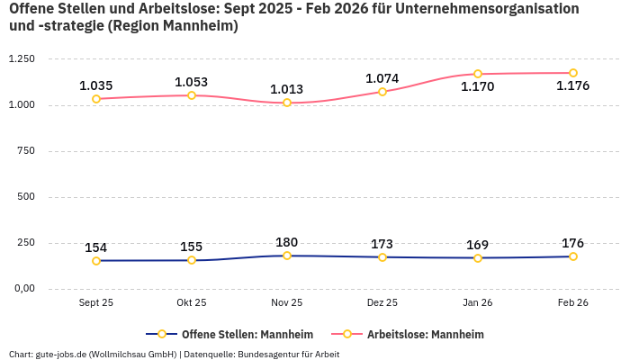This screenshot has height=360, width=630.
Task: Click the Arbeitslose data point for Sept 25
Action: click(96, 99)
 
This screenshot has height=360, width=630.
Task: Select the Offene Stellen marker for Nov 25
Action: click(287, 256)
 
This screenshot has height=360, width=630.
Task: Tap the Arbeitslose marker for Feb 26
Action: click(573, 73)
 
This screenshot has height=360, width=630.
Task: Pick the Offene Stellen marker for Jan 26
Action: click(478, 258)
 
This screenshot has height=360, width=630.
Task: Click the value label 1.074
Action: click(382, 78)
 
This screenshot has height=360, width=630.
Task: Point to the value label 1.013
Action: click(286, 89)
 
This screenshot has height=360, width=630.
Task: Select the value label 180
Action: click(286, 242)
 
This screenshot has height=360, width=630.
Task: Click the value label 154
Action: click(96, 247)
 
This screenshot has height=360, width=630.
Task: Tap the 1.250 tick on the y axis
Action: click(21, 59)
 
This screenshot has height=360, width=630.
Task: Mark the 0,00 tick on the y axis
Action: click(22, 289)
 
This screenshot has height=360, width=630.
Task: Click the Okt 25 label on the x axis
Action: click(192, 303)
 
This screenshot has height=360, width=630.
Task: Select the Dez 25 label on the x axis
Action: click(382, 303)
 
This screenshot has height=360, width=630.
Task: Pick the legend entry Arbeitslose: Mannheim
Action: click(425, 334)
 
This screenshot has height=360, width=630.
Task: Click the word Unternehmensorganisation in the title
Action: click(487, 9)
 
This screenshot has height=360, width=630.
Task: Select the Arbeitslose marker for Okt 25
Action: click(192, 95)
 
